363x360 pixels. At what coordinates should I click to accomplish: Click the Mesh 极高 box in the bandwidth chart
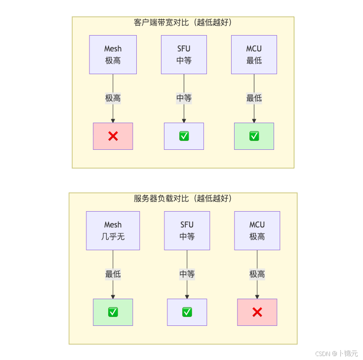point(113,54)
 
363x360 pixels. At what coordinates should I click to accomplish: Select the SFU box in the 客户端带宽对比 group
point(184,54)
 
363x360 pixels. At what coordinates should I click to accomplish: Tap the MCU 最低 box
point(254,54)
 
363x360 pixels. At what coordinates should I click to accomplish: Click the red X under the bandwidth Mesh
point(113,136)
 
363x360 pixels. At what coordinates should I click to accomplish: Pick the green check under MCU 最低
point(254,136)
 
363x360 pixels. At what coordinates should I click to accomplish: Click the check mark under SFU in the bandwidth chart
point(184,136)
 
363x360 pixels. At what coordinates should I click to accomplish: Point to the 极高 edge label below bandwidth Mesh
point(113,98)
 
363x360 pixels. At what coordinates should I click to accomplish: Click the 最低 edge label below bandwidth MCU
point(254,98)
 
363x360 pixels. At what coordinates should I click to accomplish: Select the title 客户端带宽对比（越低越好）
point(183,22)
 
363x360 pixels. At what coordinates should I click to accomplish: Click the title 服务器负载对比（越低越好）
point(183,198)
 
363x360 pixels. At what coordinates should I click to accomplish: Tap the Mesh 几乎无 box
point(113,230)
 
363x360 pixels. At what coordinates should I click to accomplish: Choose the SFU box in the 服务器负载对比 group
point(187,230)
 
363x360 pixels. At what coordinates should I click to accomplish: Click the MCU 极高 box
point(257,230)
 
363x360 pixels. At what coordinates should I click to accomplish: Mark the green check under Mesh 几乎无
point(113,312)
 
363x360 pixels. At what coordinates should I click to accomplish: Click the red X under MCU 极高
point(257,312)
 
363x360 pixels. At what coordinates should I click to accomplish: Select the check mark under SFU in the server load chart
point(187,312)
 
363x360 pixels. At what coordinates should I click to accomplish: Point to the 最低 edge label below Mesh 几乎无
point(113,274)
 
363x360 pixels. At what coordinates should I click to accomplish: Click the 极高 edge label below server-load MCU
point(257,274)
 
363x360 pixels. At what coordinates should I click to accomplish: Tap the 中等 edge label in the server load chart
point(187,274)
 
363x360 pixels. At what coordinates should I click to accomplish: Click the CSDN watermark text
point(336,353)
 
